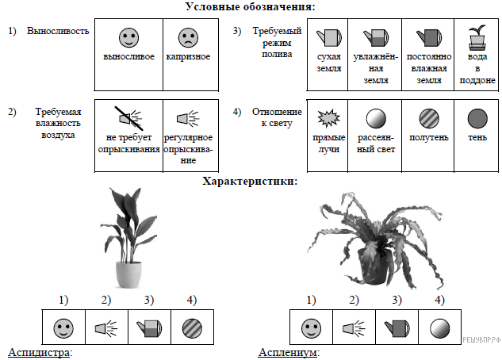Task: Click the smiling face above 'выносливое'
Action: point(128,37)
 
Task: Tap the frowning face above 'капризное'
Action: point(188,37)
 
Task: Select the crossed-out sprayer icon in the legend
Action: point(128,118)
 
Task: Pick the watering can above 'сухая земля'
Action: point(329,38)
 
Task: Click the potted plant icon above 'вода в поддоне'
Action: point(477,38)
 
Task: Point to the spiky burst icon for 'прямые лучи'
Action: point(329,118)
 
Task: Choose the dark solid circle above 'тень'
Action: point(477,118)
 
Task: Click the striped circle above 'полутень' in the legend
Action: point(429,118)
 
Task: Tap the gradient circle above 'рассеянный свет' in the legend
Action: point(376,118)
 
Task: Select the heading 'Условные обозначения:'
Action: point(251,6)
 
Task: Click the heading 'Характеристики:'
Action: point(250,181)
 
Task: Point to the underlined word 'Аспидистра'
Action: point(38,352)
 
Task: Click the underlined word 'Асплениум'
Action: point(288,352)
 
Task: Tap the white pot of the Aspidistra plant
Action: point(128,274)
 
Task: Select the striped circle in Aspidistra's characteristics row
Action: point(192,328)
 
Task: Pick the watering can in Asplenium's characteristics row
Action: point(397,328)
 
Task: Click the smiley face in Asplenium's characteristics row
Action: point(311,328)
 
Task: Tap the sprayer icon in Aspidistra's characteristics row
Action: point(106,328)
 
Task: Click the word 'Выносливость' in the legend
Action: point(58,31)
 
